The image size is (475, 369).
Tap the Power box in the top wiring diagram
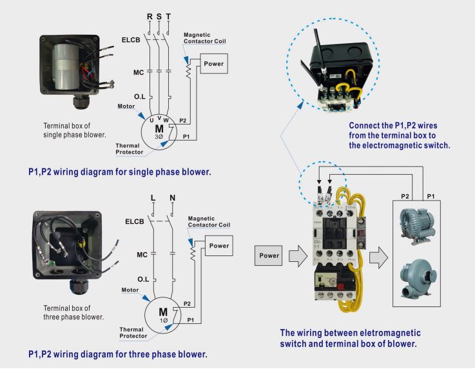(213, 64)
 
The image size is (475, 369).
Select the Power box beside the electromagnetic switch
(269, 255)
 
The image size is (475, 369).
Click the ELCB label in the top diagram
(131, 40)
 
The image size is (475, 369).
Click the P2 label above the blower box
(405, 195)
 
